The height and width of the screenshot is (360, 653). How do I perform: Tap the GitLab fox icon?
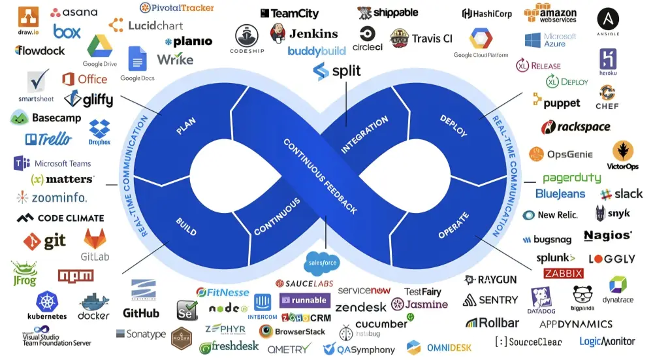point(95,238)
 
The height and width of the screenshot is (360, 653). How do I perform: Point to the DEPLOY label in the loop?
point(453,126)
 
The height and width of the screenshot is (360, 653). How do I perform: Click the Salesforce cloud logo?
point(322,263)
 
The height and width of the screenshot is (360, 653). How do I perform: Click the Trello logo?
point(48,139)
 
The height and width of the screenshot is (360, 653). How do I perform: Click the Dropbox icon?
point(99,129)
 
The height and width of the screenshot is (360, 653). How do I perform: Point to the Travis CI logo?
point(421,39)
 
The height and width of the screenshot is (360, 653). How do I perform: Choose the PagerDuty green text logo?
point(571,178)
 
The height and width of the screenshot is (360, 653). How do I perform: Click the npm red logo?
point(76,275)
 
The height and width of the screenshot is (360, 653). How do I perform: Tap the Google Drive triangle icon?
point(99,46)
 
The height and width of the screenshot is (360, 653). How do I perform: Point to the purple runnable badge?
point(304,301)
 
